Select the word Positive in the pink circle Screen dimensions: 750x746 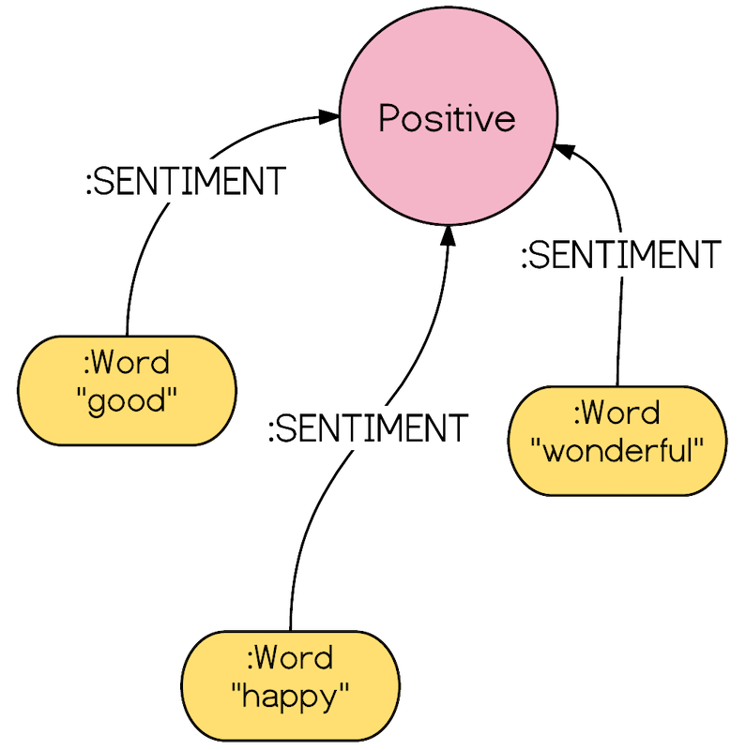pos(447,119)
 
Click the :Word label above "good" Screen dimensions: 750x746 pos(127,363)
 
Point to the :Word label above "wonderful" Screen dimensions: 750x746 pos(617,412)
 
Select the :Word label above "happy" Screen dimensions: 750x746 pos(290,657)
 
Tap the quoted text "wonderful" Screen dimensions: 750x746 pos(617,452)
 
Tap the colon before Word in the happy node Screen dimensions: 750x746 pos(251,659)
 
